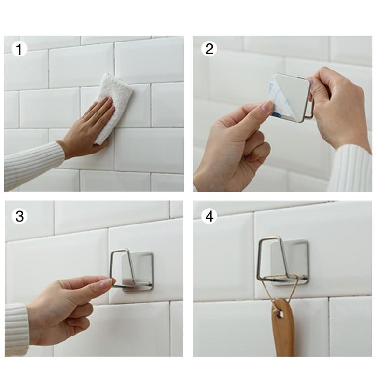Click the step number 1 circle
19,49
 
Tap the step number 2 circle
209,49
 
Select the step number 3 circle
19,216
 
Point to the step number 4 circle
209,216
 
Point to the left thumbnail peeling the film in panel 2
268,106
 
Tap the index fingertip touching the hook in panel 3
110,282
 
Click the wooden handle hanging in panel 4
283,328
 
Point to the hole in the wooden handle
280,314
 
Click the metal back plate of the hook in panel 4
289,263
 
